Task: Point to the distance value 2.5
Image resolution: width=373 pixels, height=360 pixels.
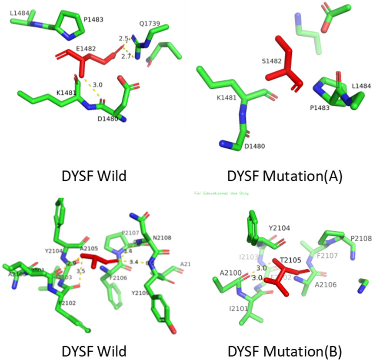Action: pyautogui.click(x=124, y=39)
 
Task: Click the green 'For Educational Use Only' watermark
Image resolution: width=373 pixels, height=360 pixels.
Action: pyautogui.click(x=221, y=193)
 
